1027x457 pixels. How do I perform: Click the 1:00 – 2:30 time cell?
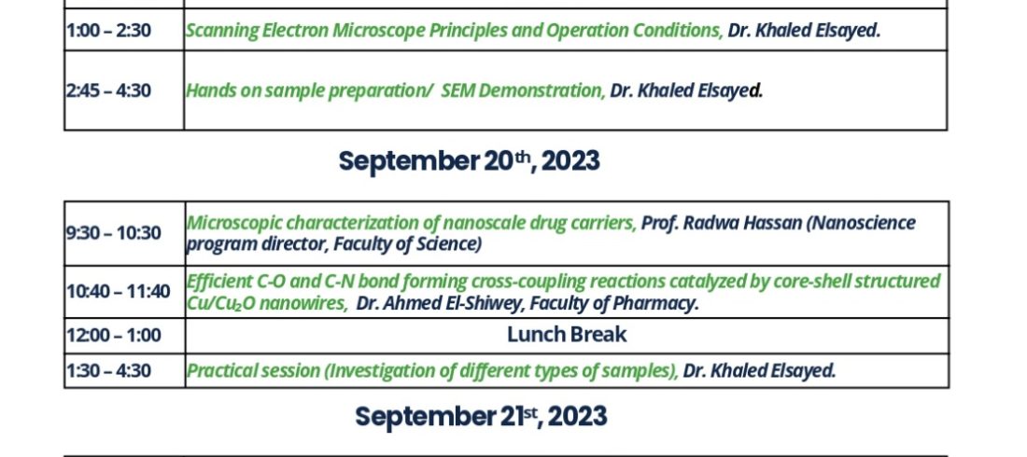point(124,30)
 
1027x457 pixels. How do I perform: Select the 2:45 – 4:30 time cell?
point(124,90)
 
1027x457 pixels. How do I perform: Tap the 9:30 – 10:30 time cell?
point(124,233)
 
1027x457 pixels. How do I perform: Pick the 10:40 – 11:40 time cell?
point(124,292)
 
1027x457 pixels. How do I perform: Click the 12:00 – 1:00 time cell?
point(124,336)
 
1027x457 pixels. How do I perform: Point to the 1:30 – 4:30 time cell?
point(124,370)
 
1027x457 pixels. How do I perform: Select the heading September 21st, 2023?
point(481,416)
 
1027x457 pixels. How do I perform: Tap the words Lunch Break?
point(567,335)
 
